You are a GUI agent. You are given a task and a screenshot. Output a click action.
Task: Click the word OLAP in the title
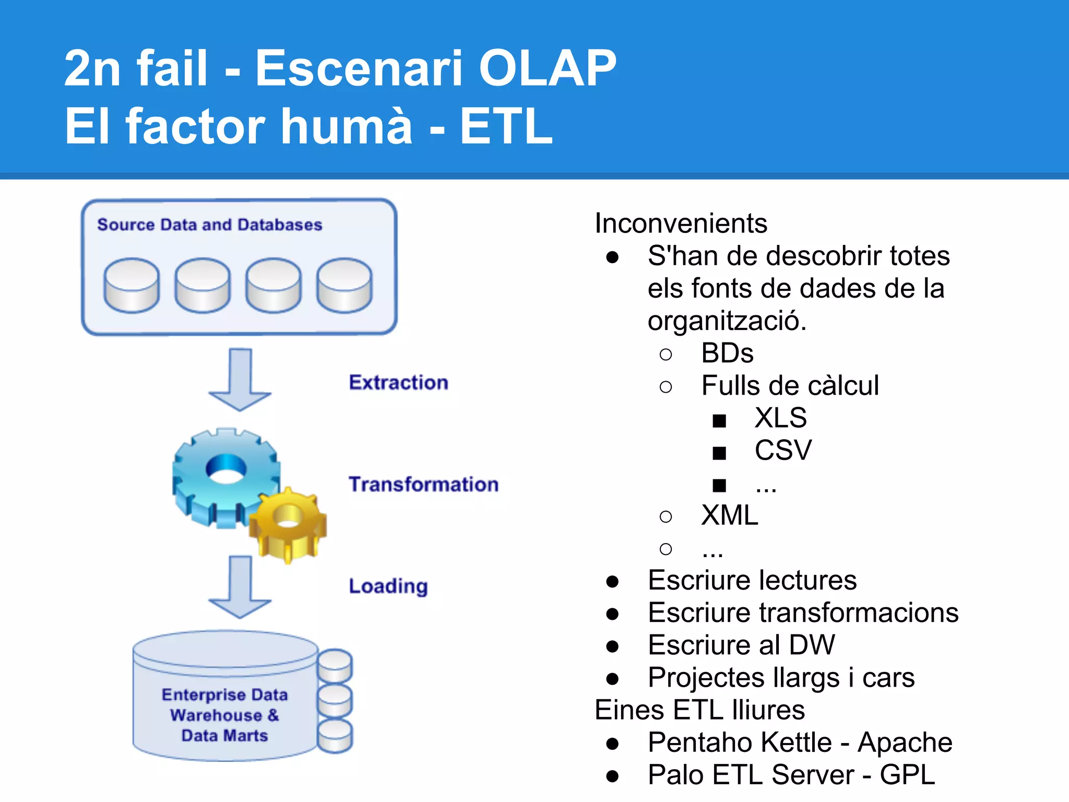click(547, 68)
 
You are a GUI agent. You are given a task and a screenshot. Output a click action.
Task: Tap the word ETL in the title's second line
click(505, 126)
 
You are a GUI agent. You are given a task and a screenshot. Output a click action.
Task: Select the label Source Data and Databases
click(209, 225)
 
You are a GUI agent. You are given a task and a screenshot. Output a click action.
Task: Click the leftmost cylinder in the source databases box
click(132, 285)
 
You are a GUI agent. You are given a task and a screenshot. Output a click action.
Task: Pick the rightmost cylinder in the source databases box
click(345, 285)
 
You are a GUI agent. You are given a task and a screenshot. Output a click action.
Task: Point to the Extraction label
click(398, 382)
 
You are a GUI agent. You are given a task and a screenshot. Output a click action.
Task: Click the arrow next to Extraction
click(240, 381)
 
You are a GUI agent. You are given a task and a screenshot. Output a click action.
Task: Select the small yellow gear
click(288, 525)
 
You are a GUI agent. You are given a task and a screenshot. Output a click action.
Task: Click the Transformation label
click(423, 484)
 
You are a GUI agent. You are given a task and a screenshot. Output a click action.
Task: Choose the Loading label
click(388, 586)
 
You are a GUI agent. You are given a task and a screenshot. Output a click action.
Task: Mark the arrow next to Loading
click(240, 587)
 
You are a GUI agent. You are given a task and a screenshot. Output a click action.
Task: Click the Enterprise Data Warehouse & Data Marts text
click(224, 715)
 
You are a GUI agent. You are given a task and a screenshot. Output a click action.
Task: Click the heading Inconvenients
click(681, 223)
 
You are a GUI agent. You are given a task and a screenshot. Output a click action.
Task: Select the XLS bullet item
click(780, 418)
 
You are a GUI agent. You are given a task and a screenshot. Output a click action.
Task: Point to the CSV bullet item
click(783, 451)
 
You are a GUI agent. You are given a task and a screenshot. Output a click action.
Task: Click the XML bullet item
click(729, 515)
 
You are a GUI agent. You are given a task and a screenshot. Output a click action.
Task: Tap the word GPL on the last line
click(907, 775)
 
